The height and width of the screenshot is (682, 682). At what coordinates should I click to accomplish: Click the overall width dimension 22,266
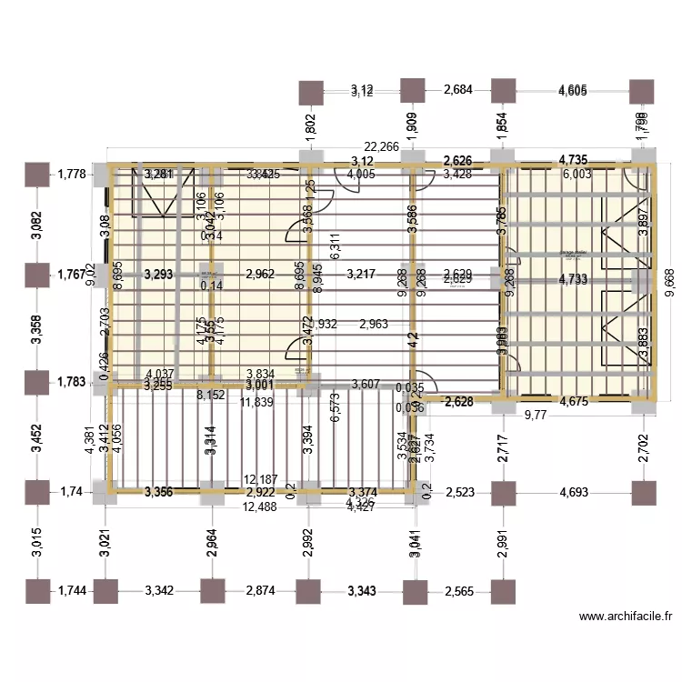(382, 147)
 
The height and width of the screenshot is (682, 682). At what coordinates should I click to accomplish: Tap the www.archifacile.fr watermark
(626, 617)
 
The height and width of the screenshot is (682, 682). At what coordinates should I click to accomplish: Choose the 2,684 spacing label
(459, 90)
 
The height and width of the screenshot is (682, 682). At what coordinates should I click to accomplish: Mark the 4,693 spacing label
(573, 492)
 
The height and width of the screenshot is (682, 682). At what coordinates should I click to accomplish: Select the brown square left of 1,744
(36, 591)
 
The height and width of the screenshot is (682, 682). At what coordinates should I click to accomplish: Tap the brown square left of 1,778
(36, 174)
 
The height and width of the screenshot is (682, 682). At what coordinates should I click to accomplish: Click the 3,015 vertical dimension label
(36, 541)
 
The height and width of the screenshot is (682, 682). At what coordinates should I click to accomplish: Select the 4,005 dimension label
(361, 175)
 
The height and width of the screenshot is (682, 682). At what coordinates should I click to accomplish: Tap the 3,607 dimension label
(366, 384)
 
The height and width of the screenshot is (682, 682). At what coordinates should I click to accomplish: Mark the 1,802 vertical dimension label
(310, 125)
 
